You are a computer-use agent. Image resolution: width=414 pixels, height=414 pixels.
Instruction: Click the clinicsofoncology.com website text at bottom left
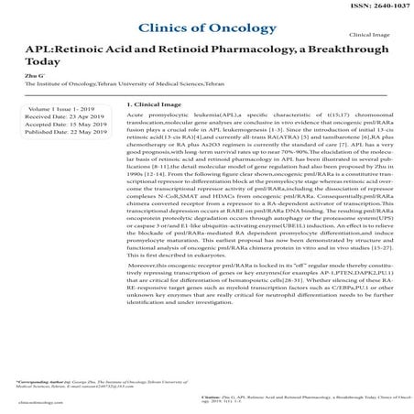[x=32, y=401]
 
